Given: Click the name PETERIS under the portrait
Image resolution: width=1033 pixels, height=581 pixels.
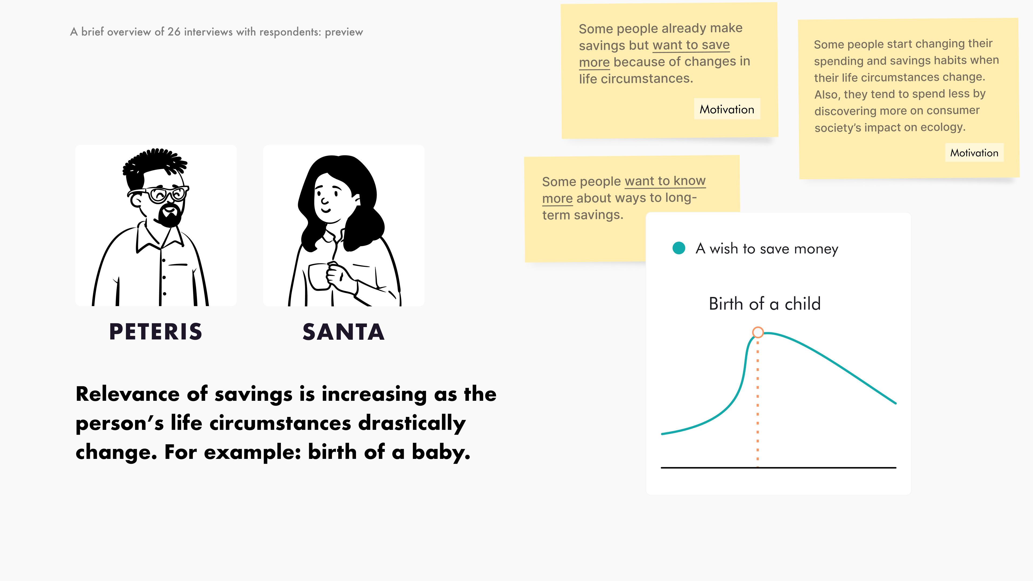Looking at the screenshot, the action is (155, 332).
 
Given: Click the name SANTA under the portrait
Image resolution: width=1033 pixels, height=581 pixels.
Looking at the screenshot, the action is (344, 332).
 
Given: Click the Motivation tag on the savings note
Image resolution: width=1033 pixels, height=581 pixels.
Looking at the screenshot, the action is (727, 109).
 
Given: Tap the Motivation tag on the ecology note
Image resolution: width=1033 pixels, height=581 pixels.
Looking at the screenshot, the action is (974, 153).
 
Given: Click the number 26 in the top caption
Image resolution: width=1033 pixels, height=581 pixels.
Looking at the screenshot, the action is (174, 32).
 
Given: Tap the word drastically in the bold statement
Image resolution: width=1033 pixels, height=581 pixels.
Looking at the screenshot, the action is (412, 423).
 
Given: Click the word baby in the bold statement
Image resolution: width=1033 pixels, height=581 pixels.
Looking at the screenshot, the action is (441, 452).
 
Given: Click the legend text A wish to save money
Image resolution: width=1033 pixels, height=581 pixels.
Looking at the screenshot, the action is (767, 249).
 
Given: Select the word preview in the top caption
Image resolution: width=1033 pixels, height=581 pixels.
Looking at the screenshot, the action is (344, 32).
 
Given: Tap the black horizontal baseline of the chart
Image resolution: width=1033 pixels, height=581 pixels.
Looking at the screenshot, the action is (778, 467).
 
